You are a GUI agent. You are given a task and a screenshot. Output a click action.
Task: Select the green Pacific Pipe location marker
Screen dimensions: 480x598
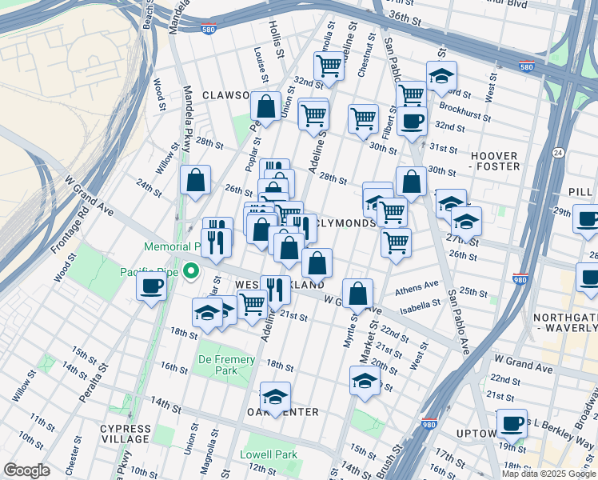tap(191, 272)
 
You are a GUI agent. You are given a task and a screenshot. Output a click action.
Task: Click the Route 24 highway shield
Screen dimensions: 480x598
tap(558, 152)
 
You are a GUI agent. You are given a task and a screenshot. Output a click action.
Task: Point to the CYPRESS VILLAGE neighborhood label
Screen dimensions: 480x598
tap(126, 434)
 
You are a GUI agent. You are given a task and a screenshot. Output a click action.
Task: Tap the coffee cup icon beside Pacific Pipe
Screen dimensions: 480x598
tap(150, 288)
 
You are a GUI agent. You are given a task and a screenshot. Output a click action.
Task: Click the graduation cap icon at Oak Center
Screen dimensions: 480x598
tap(275, 397)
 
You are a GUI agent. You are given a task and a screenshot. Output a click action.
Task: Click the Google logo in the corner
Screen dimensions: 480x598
tap(27, 470)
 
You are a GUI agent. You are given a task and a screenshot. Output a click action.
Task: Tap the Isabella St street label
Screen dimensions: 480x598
tap(414, 303)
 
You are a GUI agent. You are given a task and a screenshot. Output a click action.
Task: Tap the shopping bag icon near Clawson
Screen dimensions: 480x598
tap(265, 106)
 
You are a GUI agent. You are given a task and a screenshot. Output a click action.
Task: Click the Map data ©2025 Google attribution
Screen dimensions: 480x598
tap(548, 474)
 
